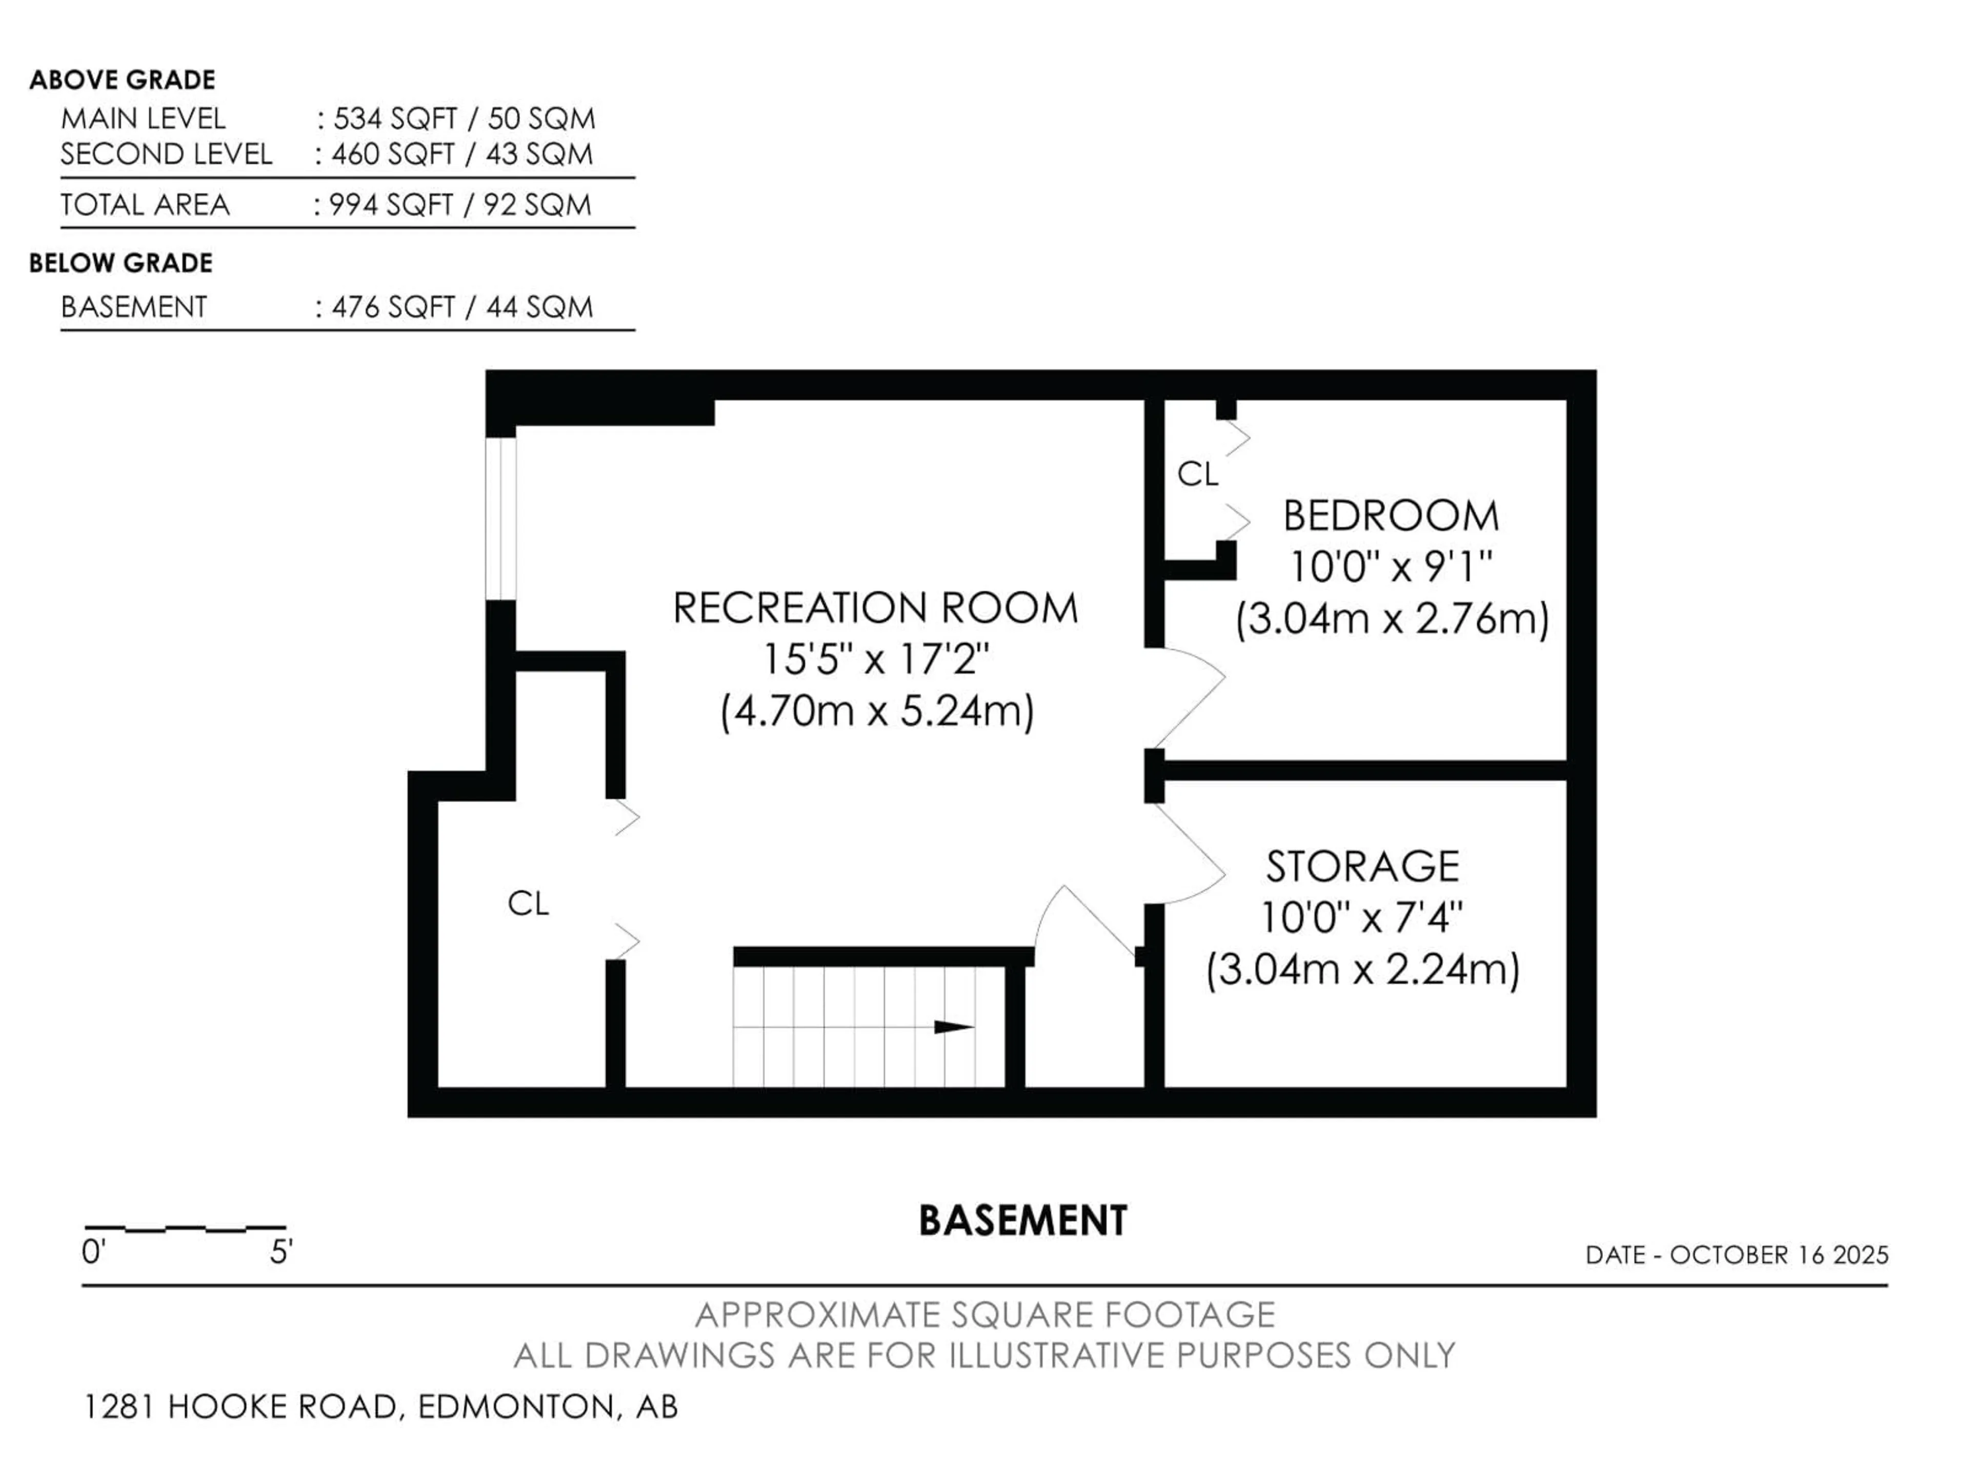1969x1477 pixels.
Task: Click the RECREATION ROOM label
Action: click(x=875, y=609)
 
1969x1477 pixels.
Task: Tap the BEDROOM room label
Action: click(x=1391, y=516)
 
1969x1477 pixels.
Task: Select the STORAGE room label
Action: click(x=1362, y=866)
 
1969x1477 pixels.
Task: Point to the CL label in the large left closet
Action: click(x=528, y=904)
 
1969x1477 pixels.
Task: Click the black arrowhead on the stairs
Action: click(x=953, y=1027)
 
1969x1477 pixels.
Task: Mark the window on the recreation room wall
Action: click(x=500, y=518)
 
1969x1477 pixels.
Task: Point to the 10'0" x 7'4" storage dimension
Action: click(x=1362, y=917)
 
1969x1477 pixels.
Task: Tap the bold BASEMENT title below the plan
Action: click(x=1023, y=1221)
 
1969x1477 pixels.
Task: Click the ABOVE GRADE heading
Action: click(x=122, y=80)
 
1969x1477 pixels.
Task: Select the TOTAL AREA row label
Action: click(x=145, y=205)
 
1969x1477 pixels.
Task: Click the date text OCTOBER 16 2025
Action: click(x=1778, y=1255)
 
